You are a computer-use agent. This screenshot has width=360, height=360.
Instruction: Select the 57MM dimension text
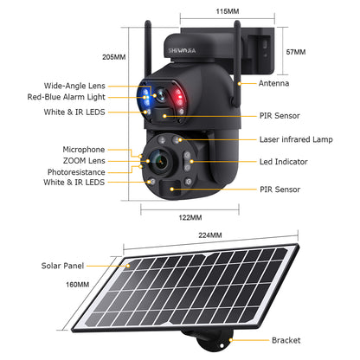pyautogui.click(x=294, y=52)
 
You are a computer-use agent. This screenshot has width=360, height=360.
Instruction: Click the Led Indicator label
pyautogui.click(x=283, y=161)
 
